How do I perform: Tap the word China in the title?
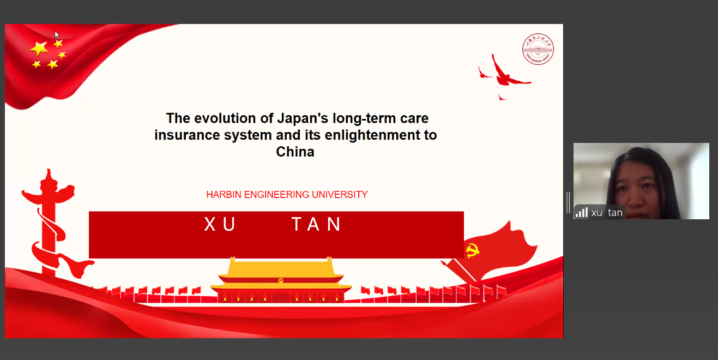point(295,152)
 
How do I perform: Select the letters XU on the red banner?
point(220,224)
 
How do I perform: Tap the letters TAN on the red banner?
point(316,224)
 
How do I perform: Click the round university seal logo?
point(538,49)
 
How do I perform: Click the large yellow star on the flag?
point(39,49)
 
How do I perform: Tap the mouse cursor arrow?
point(57,35)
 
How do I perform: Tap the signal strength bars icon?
point(582,212)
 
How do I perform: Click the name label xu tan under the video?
point(607,213)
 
